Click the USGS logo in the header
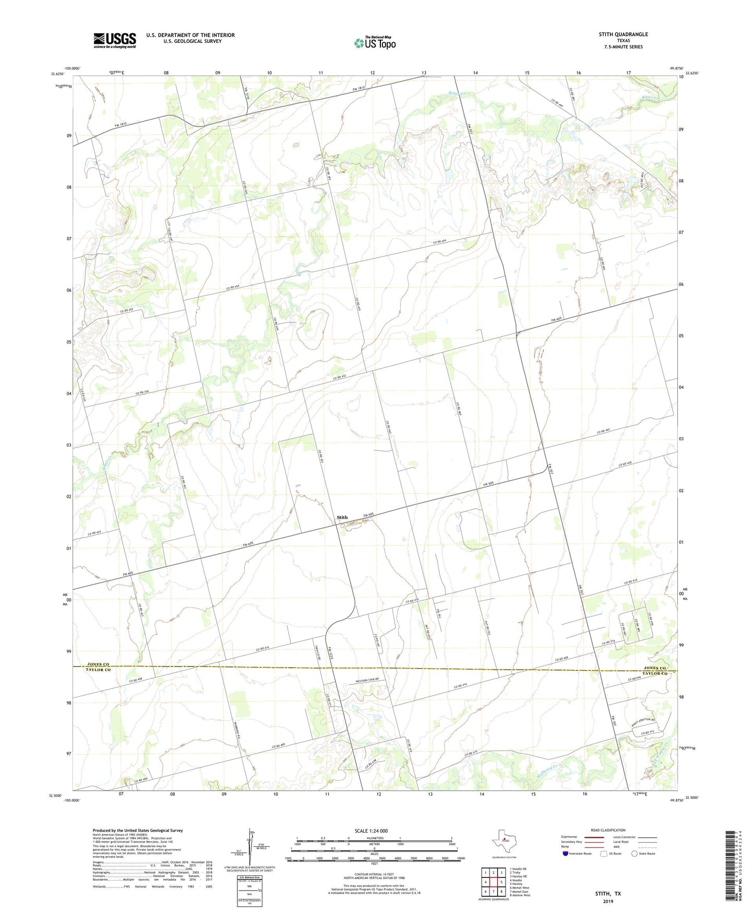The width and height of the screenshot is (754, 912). point(114,40)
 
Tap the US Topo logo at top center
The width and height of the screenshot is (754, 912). point(375,43)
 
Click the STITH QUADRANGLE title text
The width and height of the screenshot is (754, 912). point(623,34)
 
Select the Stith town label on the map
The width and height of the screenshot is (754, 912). point(342,517)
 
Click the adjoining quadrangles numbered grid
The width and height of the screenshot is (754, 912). point(493,883)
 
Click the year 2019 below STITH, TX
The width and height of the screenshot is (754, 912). point(608,901)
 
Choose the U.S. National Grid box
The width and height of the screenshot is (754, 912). point(249,888)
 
